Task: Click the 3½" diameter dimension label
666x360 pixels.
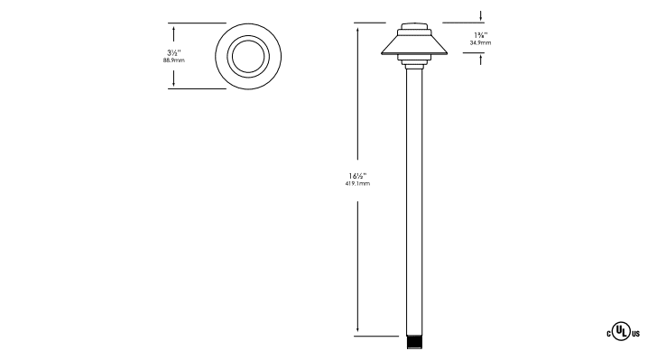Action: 174,52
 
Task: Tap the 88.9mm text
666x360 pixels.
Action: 174,60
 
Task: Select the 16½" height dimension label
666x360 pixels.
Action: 357,176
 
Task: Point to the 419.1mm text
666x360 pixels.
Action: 357,184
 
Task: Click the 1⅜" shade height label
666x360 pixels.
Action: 481,35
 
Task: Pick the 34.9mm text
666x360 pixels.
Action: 480,43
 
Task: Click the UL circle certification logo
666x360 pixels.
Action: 621,331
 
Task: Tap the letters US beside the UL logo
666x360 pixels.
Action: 635,334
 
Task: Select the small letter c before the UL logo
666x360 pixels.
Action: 608,334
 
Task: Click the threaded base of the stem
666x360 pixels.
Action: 414,343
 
